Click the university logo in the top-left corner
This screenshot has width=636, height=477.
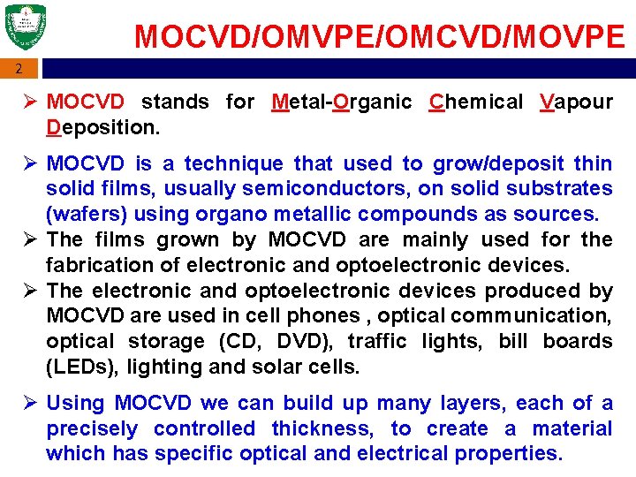point(25,27)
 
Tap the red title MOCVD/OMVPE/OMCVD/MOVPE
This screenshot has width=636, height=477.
point(380,36)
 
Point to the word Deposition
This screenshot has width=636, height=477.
point(102,127)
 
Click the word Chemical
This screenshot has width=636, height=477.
point(475,102)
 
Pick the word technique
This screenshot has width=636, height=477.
point(235,163)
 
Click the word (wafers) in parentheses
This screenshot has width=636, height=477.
point(85,214)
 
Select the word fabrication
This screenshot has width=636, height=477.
point(96,265)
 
